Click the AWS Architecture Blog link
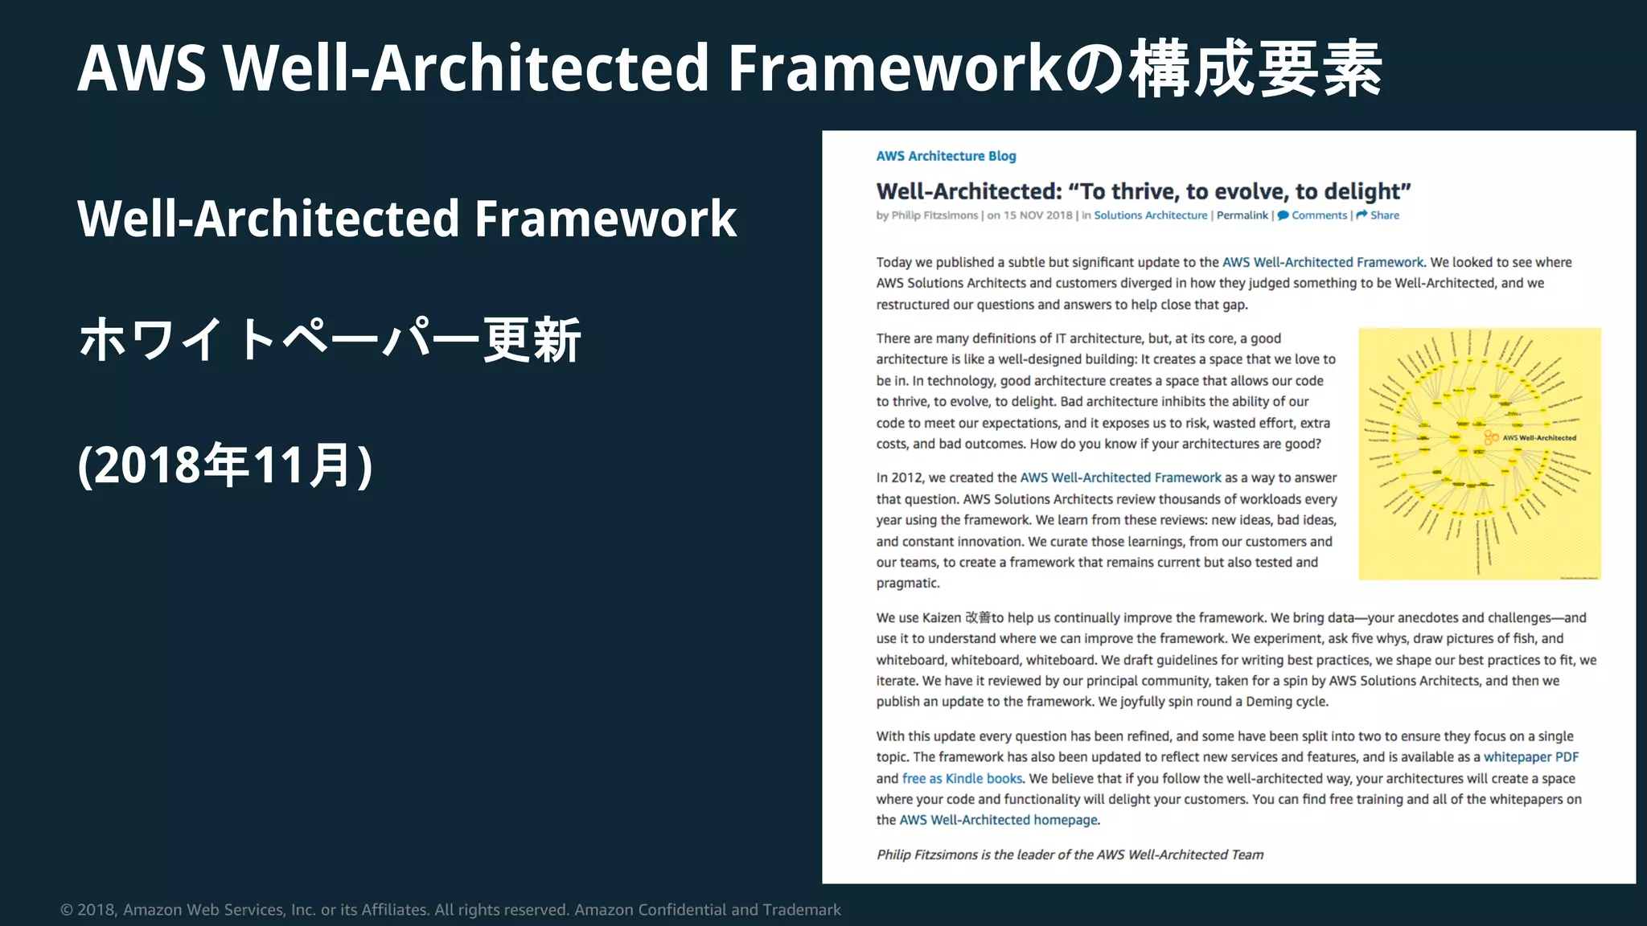pyautogui.click(x=946, y=156)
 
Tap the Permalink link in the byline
pyautogui.click(x=1242, y=215)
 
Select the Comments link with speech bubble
pyautogui.click(x=1318, y=215)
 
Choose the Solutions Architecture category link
pyautogui.click(x=1150, y=215)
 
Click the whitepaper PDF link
pyautogui.click(x=1530, y=757)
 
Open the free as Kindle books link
pyautogui.click(x=962, y=778)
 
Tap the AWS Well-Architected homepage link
pyautogui.click(x=998, y=820)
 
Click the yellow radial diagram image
pyautogui.click(x=1479, y=453)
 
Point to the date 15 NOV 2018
pyautogui.click(x=1037, y=215)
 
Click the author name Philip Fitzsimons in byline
pyautogui.click(x=934, y=215)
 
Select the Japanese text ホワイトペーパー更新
pyautogui.click(x=330, y=340)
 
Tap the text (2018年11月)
pyautogui.click(x=225, y=465)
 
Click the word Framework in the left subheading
pyautogui.click(x=605, y=219)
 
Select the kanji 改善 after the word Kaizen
pyautogui.click(x=978, y=618)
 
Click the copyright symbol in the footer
pyautogui.click(x=67, y=910)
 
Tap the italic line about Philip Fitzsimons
pyautogui.click(x=1070, y=854)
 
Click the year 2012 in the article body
pyautogui.click(x=907, y=477)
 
